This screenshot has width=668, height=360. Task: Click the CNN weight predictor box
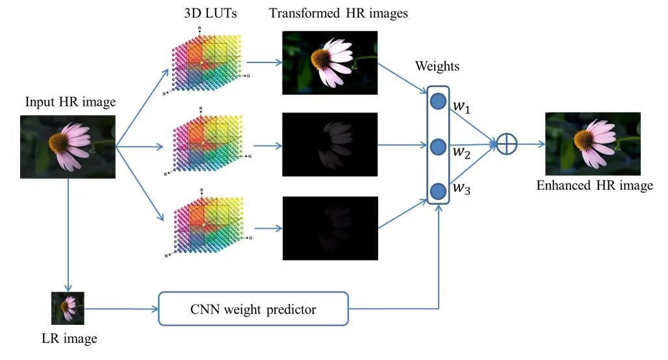253,309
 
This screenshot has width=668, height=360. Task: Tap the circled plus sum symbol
507,144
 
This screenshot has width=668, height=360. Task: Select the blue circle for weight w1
438,101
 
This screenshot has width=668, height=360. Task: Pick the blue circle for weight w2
438,146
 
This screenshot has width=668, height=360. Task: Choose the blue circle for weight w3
438,190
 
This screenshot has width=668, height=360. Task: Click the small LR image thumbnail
68,308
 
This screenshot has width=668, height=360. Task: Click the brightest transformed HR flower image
329,63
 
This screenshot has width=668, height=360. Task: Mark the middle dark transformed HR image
329,144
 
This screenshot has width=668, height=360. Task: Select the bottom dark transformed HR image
329,228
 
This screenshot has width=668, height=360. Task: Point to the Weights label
437,66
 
